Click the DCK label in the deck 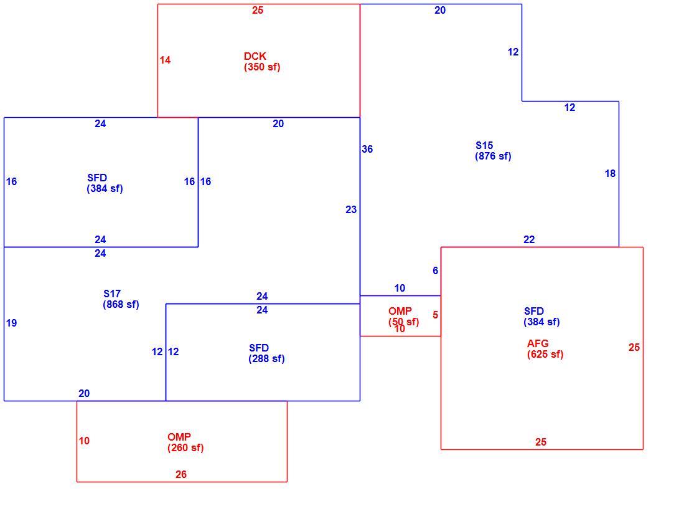click(x=255, y=56)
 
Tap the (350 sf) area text click(x=262, y=67)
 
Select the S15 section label click(x=484, y=145)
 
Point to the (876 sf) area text click(x=493, y=156)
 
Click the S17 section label click(x=112, y=294)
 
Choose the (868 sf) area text click(x=121, y=304)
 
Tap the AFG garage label click(x=538, y=343)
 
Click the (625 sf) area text click(x=545, y=354)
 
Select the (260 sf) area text click(x=185, y=447)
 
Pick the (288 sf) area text click(x=266, y=358)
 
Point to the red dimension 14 click(x=165, y=60)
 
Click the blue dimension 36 click(x=367, y=149)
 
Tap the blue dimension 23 click(x=351, y=210)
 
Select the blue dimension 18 click(x=610, y=173)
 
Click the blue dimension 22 click(x=529, y=239)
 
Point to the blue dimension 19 click(x=12, y=323)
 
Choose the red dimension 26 click(x=181, y=474)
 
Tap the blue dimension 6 click(x=436, y=270)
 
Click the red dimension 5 click(x=436, y=315)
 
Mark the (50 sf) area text click(x=403, y=322)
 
